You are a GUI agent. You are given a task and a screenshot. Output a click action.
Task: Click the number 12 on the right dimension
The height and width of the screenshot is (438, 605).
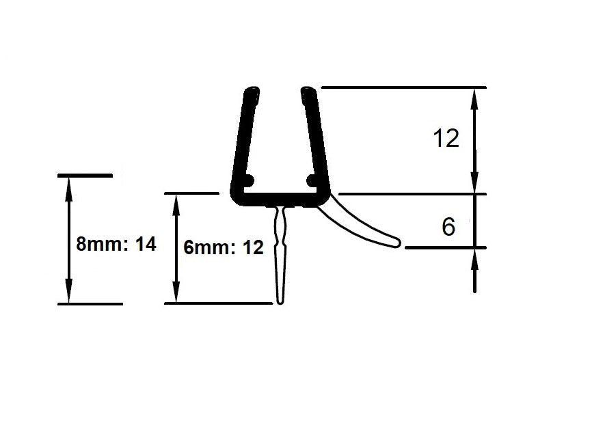click(x=446, y=139)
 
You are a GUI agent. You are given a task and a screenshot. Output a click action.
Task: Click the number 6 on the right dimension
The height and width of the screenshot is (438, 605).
click(x=448, y=227)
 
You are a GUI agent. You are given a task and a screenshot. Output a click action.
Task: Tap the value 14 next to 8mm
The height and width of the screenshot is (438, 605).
click(x=146, y=244)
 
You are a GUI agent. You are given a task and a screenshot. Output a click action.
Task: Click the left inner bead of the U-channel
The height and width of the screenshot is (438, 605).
click(x=247, y=181)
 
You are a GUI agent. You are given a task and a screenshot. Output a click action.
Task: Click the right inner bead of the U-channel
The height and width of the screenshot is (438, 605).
click(x=312, y=180)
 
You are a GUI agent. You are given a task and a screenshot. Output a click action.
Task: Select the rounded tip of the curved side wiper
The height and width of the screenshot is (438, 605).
click(x=398, y=242)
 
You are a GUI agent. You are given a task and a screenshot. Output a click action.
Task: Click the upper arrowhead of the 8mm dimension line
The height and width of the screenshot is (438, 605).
click(x=68, y=186)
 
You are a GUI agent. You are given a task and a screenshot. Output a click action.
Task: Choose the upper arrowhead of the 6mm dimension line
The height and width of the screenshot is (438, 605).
click(x=176, y=202)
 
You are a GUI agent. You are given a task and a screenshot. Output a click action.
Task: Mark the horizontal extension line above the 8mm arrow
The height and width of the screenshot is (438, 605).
click(x=85, y=176)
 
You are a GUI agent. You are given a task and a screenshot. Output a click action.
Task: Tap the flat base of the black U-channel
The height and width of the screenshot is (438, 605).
click(x=280, y=200)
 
